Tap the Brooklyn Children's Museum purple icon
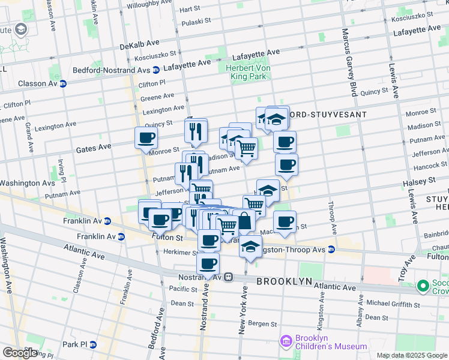pyautogui.click(x=286, y=342)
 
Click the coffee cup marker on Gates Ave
pyautogui.click(x=146, y=139)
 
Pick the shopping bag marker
pyautogui.click(x=244, y=221)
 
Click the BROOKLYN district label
pyautogui.click(x=285, y=281)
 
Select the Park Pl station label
pyautogui.click(x=75, y=344)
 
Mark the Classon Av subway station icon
pyautogui.click(x=62, y=83)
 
